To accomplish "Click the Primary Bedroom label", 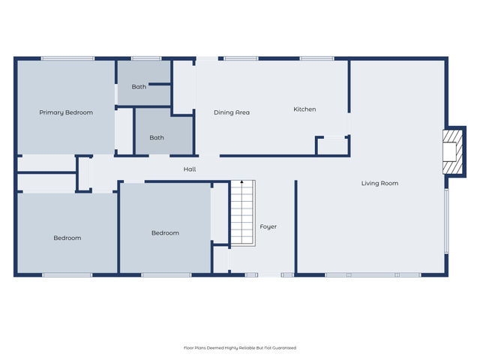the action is tap(66, 112).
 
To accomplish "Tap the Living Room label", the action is tap(379, 183).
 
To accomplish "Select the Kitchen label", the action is tap(304, 109).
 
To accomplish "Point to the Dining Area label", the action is tap(232, 112).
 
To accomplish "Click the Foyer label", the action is tap(268, 226).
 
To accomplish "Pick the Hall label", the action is tap(190, 169).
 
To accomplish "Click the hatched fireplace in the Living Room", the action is tap(453, 152).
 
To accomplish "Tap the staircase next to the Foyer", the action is tap(243, 213).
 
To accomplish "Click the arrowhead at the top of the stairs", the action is tap(241, 181).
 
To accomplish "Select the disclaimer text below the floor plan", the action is tap(240, 348).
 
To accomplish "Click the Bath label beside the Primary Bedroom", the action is tap(139, 87).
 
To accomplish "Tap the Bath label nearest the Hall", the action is tap(157, 138).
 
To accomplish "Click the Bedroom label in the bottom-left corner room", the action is tap(67, 238).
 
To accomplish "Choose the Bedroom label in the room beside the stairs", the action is tap(165, 233).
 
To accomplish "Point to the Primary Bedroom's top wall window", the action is tap(68, 58).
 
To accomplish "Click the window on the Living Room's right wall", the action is tap(446, 221).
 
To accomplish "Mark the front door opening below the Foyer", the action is tap(269, 275).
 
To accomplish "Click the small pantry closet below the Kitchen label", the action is tap(333, 146).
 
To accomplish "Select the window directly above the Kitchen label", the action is tap(316, 58).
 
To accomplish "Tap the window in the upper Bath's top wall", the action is tap(146, 58).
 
